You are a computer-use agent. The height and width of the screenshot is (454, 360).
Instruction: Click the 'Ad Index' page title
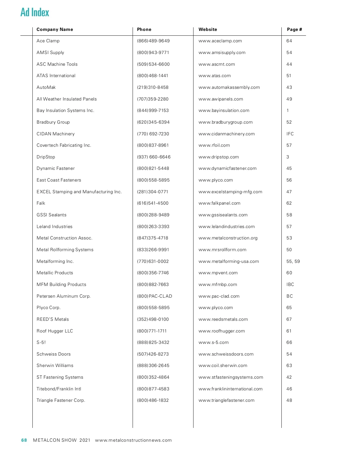[x=35, y=12]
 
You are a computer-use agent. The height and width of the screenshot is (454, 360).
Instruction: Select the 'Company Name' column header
[x=55, y=29]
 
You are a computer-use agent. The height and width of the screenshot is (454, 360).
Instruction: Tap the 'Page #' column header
[x=294, y=29]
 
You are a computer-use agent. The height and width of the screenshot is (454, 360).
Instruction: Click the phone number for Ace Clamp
[x=153, y=41]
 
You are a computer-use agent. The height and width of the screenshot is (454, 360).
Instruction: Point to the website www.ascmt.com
[x=217, y=64]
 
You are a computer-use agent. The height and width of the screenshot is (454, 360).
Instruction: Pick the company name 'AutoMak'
[x=46, y=87]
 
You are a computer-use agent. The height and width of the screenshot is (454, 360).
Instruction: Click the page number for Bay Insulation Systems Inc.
[x=288, y=110]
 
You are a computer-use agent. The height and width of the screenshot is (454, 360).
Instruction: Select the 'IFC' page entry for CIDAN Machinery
[x=290, y=134]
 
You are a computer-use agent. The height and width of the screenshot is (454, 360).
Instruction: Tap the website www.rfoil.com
[x=214, y=145]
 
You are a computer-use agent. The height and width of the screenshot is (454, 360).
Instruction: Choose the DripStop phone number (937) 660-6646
[x=154, y=157]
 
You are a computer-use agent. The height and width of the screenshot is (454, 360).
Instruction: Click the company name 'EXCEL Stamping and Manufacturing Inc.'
[x=79, y=192]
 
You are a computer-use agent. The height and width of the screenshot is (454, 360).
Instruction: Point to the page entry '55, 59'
[x=293, y=261]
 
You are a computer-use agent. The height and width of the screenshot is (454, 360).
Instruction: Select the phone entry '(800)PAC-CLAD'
[x=154, y=296]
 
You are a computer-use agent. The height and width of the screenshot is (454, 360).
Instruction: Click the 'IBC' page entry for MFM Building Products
[x=290, y=284]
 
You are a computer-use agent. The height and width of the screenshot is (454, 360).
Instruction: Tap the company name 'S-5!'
[x=41, y=342]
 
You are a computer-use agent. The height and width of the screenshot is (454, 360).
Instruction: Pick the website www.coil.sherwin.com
[x=223, y=365]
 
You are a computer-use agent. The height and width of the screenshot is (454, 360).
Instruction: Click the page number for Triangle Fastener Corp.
[x=289, y=400]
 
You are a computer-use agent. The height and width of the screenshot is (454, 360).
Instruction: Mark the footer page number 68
[x=24, y=440]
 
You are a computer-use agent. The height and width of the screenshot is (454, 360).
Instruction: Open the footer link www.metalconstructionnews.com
[x=133, y=440]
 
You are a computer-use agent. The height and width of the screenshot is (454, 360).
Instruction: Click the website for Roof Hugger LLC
[x=221, y=331]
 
